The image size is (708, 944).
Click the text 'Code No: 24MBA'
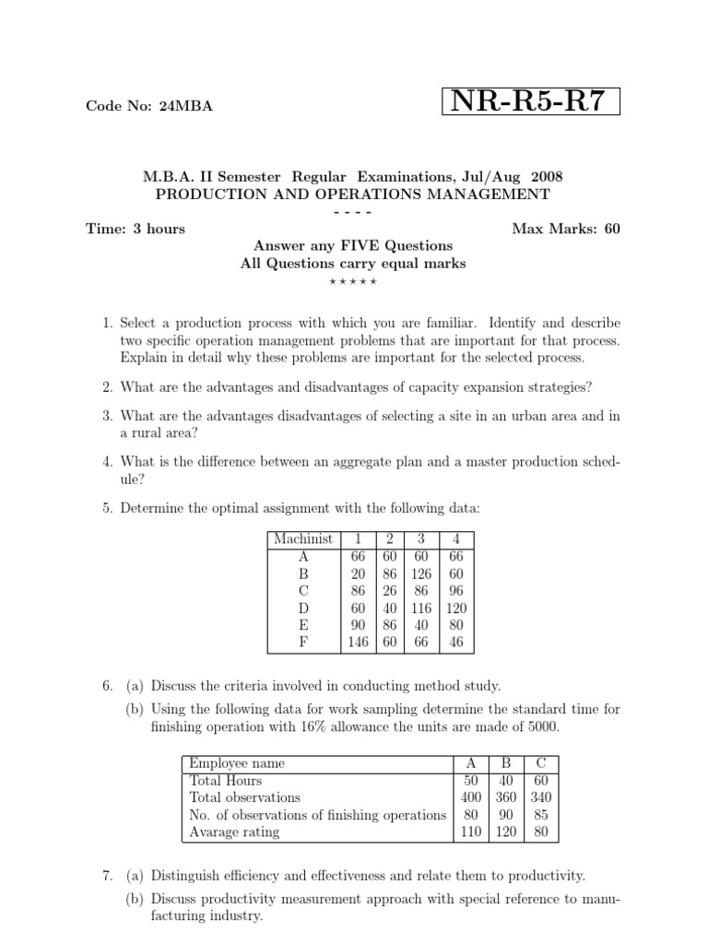[x=148, y=106]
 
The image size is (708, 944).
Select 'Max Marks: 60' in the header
[x=566, y=229]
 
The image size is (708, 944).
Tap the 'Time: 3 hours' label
[x=136, y=229]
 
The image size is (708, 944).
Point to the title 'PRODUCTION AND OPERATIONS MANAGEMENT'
[x=353, y=195]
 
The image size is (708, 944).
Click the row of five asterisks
[x=353, y=280]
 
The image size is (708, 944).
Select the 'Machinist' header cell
[x=303, y=539]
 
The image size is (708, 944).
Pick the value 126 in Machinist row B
[x=420, y=573]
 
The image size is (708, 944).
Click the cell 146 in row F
[x=358, y=643]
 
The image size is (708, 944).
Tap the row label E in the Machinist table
[x=303, y=626]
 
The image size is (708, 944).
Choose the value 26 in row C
[x=389, y=591]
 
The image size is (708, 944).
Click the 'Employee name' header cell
[x=237, y=763]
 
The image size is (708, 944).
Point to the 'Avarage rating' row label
[x=234, y=832]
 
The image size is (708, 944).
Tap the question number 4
[x=107, y=462]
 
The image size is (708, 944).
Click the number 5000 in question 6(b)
[x=538, y=727]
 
